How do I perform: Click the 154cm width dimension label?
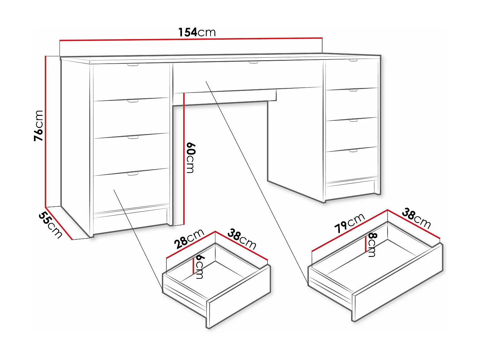(197, 32)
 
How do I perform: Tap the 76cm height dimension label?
(38, 125)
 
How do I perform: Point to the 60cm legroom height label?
(191, 158)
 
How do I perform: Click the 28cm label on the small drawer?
(189, 239)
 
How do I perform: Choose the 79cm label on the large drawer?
(349, 223)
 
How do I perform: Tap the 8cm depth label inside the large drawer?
(372, 245)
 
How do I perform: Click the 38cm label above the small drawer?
(242, 239)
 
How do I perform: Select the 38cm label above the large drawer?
(416, 218)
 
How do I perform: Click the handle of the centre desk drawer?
(253, 62)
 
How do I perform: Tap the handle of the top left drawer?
(132, 65)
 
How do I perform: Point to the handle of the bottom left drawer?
(132, 174)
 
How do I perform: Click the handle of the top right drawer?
(353, 60)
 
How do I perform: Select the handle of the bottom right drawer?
(353, 150)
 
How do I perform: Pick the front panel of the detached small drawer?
(239, 298)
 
